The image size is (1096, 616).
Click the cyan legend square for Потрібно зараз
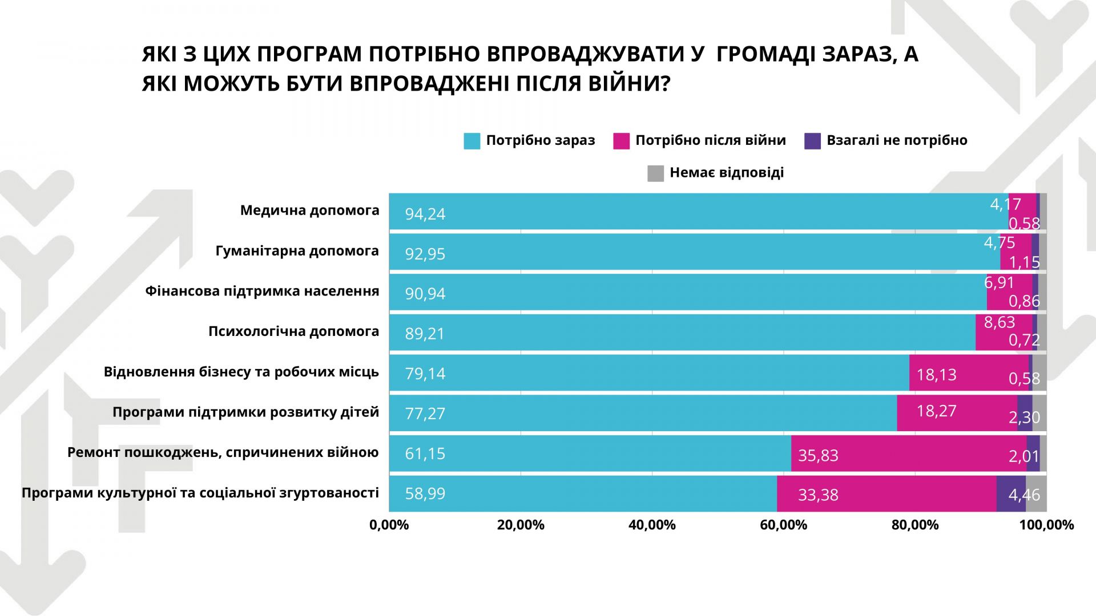point(472,141)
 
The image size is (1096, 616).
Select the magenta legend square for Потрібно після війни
point(621,141)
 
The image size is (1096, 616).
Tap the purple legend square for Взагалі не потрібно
point(812,141)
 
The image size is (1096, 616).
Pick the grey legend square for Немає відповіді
point(655,173)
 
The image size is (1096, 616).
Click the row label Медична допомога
point(309,210)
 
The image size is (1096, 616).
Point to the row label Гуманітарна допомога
point(297,251)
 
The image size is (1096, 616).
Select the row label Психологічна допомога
point(293,331)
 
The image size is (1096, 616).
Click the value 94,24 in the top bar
point(425,214)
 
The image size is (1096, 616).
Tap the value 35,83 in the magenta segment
point(818,455)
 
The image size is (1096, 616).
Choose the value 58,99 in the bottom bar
point(425,493)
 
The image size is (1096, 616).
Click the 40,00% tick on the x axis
point(652,525)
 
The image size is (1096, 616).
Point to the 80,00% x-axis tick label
point(915,525)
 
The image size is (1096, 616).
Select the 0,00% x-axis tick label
point(389,525)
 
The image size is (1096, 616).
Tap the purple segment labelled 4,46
point(1010,494)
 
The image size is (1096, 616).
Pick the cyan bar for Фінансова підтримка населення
point(685,293)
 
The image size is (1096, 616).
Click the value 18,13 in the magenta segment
point(936,375)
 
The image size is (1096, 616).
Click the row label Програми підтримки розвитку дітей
point(245,412)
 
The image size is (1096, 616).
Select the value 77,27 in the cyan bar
point(425,414)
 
